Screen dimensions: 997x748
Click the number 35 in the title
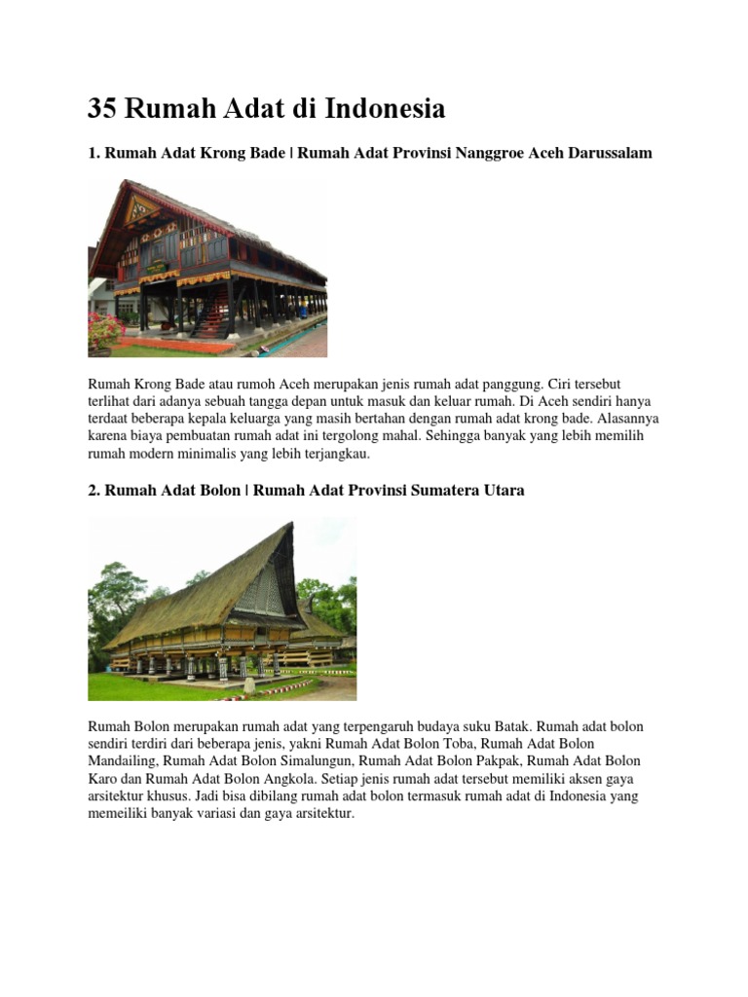[103, 109]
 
